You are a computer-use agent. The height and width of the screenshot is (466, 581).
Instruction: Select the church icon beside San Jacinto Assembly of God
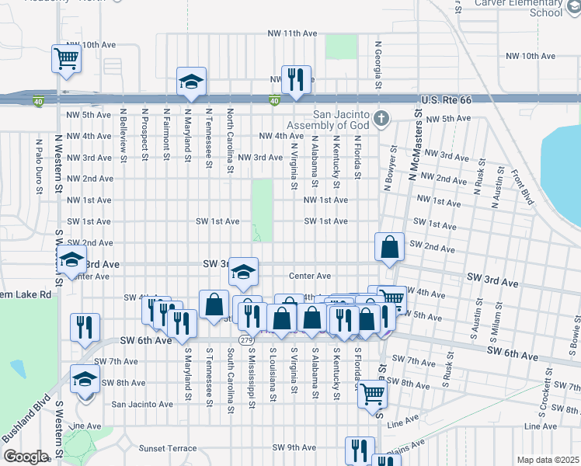point(381,120)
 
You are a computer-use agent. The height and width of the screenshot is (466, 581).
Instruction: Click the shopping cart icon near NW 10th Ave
point(67,58)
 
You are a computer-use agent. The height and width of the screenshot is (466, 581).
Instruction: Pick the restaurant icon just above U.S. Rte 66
point(295,79)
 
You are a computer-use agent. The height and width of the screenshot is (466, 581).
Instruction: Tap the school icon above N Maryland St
point(190,82)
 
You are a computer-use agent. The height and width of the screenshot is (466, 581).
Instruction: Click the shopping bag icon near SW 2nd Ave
point(389,247)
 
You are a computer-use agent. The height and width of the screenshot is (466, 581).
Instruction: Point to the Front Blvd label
point(523,184)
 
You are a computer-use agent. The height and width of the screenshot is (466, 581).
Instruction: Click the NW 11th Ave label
point(292,33)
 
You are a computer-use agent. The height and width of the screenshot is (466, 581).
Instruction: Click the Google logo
point(26,457)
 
